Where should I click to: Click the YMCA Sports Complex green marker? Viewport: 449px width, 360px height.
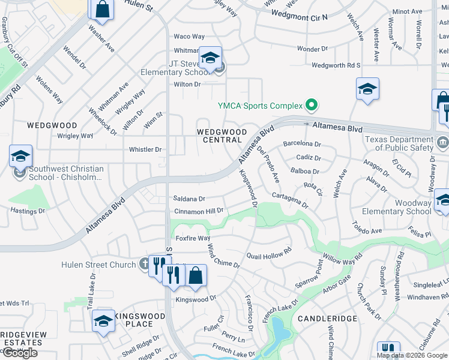pyautogui.click(x=311, y=106)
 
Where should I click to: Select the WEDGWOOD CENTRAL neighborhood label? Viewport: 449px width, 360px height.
pyautogui.click(x=222, y=136)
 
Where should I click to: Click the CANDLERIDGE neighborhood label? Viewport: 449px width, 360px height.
pyautogui.click(x=328, y=319)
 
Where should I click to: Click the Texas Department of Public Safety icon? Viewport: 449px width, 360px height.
pyautogui.click(x=443, y=142)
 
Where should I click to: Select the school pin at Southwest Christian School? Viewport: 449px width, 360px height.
pyautogui.click(x=20, y=158)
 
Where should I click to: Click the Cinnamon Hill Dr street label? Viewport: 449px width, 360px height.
pyautogui.click(x=199, y=211)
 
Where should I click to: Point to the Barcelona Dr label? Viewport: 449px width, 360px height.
pyautogui.click(x=302, y=144)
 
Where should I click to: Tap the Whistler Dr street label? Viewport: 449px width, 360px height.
pyautogui.click(x=145, y=149)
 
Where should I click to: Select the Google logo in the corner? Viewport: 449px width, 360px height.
pyautogui.click(x=20, y=353)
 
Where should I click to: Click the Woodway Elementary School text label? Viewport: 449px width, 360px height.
pyautogui.click(x=396, y=207)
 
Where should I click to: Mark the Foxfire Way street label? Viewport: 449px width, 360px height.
pyautogui.click(x=193, y=238)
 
